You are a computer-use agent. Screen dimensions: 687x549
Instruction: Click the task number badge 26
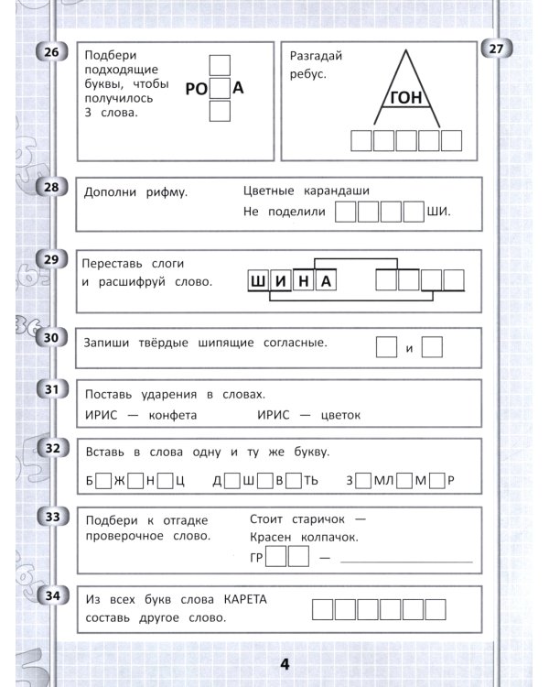click(51, 52)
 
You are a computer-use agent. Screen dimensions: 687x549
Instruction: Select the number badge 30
click(51, 339)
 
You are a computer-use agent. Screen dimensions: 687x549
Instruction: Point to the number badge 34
click(51, 597)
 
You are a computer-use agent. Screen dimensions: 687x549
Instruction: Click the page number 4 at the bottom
click(284, 664)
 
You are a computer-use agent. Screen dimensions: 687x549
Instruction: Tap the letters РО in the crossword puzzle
click(197, 89)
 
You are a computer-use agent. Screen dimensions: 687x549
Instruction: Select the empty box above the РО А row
click(220, 66)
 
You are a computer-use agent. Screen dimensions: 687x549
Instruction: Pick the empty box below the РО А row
click(220, 112)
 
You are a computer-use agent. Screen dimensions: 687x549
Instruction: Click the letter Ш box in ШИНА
click(257, 281)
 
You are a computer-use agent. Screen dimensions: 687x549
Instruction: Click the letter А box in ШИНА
click(326, 281)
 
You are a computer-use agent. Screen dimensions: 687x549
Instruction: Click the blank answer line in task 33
click(406, 558)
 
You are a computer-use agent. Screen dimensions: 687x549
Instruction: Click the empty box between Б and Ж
click(103, 479)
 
